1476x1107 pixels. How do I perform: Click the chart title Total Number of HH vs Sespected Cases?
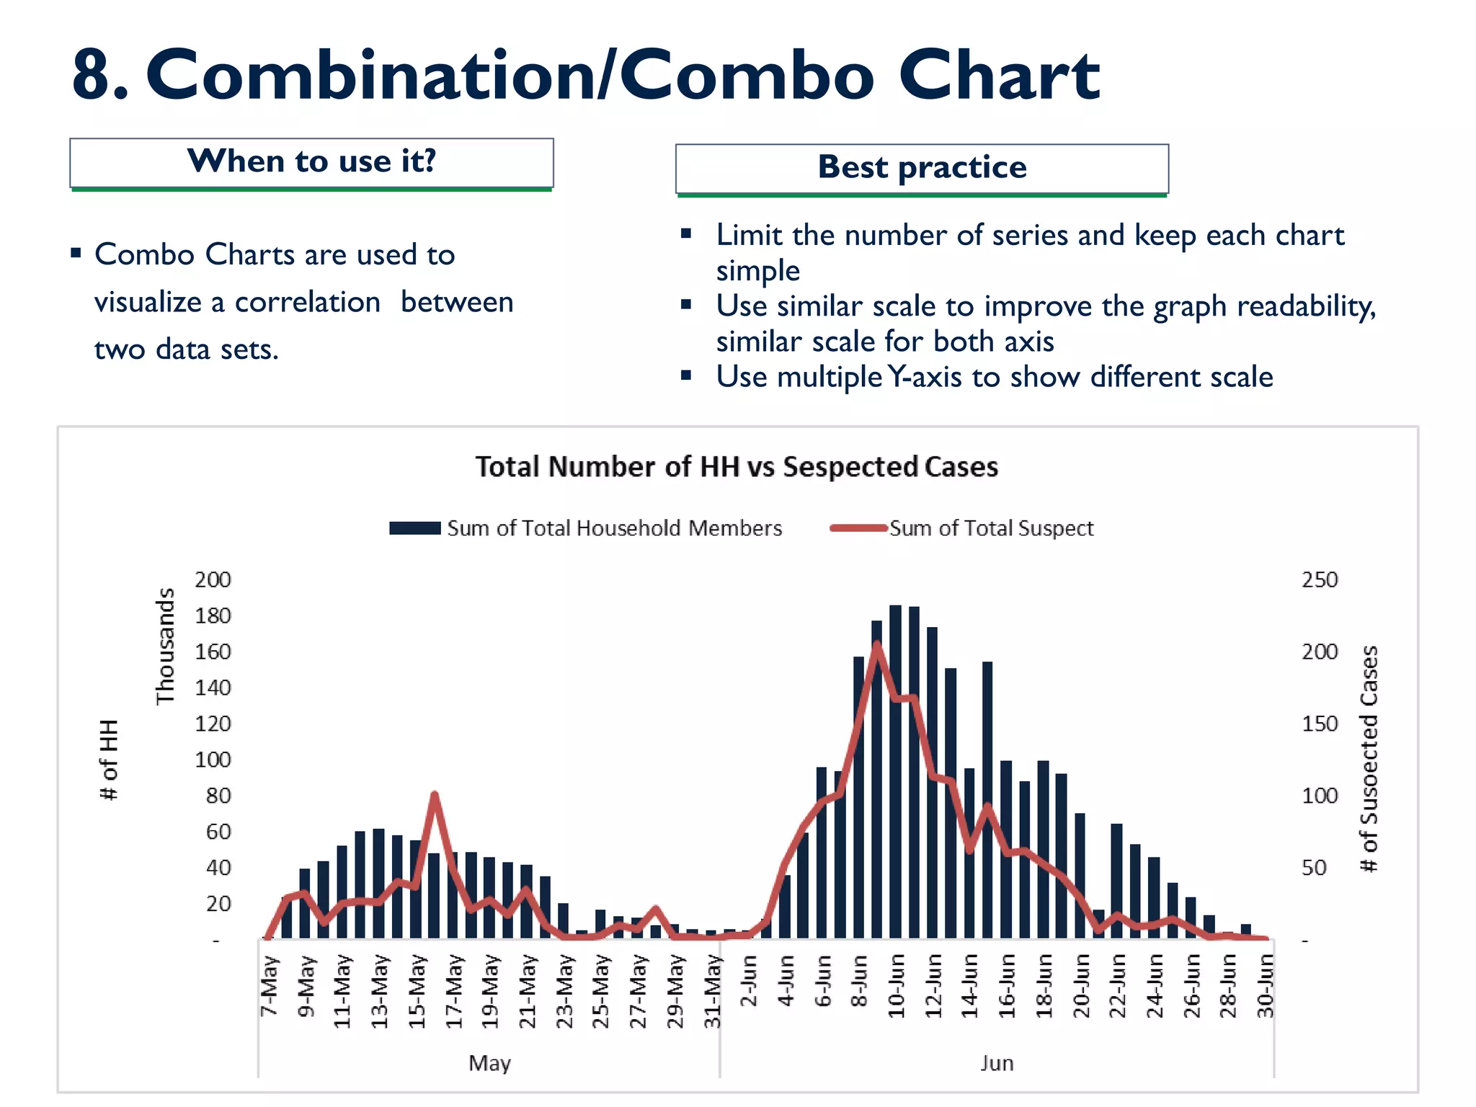737,467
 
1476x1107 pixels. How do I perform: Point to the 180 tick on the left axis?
213,616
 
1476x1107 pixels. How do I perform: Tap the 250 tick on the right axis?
1319,580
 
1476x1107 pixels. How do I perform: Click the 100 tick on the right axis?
1319,796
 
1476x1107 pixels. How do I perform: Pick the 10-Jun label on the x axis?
897,985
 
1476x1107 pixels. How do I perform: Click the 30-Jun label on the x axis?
1266,985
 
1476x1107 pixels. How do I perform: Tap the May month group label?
489,1063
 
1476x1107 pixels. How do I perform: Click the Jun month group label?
997,1063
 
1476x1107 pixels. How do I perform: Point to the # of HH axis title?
109,760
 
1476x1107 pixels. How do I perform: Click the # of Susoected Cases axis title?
1368,758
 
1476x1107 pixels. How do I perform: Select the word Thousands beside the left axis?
166,646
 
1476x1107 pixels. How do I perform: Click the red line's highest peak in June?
877,645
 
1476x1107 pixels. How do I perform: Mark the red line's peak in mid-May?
435,795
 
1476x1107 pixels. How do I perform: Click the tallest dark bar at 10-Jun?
896,771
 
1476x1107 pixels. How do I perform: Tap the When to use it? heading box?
311,162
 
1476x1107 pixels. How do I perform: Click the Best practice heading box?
922,168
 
